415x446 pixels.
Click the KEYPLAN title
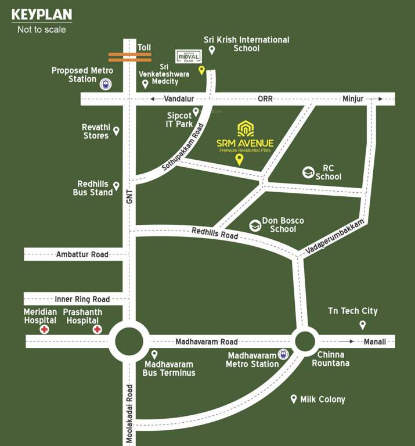point(42,14)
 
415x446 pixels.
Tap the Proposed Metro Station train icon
point(106,84)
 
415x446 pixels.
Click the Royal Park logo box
point(188,55)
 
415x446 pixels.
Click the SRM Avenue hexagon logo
point(245,128)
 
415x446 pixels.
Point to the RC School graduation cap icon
point(308,172)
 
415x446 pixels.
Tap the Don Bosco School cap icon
point(254,225)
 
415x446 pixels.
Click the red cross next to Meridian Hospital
point(44,329)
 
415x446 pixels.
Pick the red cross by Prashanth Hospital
point(98,329)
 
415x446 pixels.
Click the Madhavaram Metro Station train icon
point(283,354)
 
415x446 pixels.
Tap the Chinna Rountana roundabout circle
point(305,341)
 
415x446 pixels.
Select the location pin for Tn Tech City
point(363,325)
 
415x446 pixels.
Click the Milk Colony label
point(322,400)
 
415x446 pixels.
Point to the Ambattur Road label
point(82,254)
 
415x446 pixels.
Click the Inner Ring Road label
point(82,299)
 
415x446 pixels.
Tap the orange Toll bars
point(129,57)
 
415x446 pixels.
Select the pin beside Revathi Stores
point(116,131)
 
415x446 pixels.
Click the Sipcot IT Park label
point(179,120)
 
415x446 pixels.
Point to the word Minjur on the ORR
point(353,99)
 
